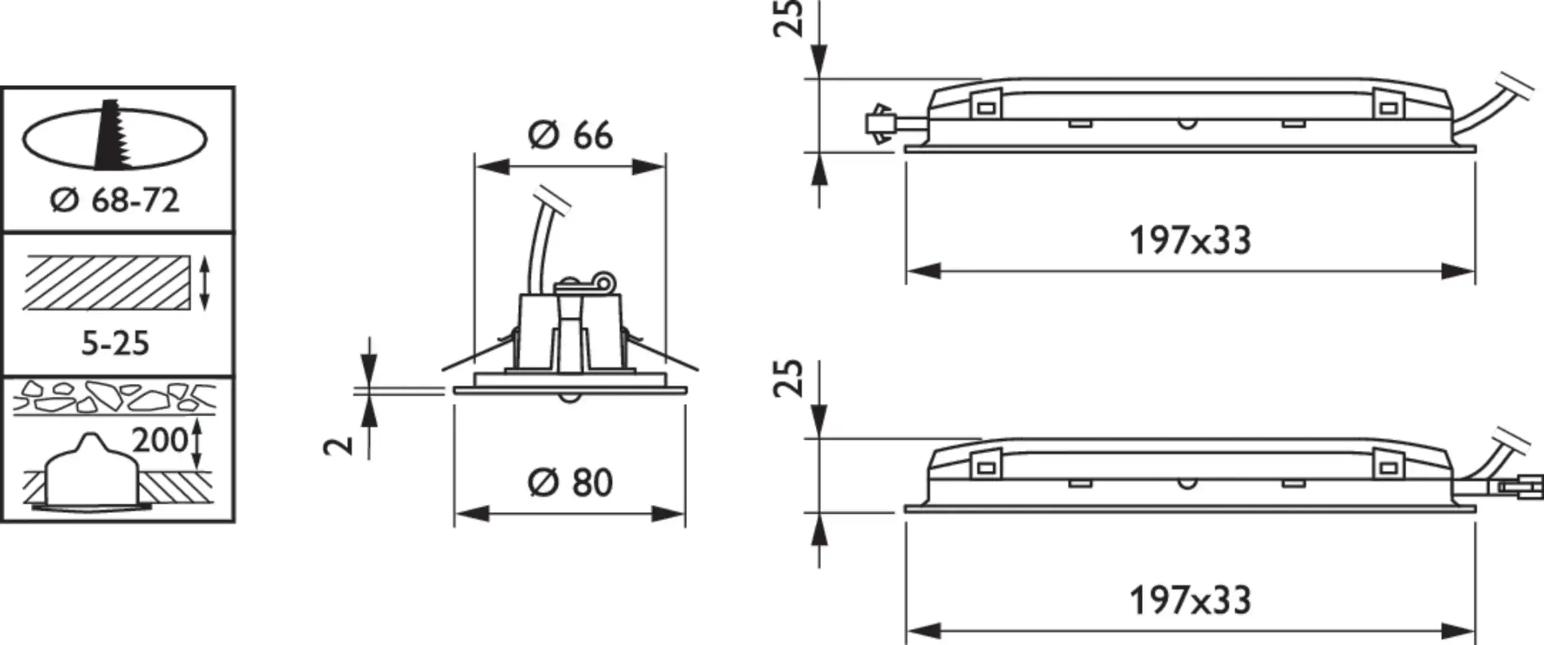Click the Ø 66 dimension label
click(570, 136)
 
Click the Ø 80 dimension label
click(570, 482)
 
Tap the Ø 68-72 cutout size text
click(115, 201)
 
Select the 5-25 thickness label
click(116, 343)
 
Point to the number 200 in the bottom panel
click(160, 441)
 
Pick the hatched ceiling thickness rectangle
click(107, 283)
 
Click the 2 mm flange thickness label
click(339, 444)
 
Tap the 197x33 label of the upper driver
click(1190, 241)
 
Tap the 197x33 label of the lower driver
click(1190, 601)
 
